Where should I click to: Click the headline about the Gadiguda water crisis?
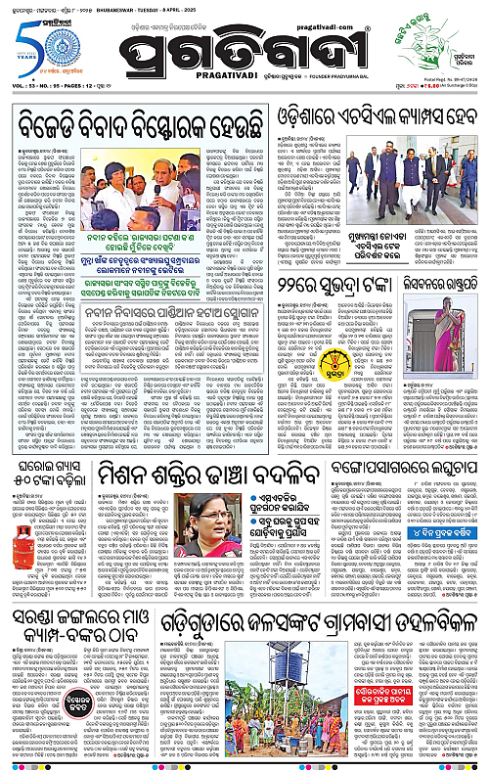[x=311, y=623]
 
